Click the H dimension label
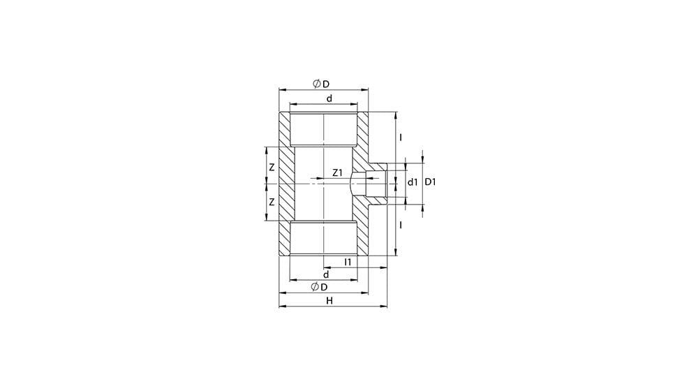[329, 301]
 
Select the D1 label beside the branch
[430, 182]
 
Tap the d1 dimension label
[413, 182]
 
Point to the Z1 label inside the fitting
[337, 172]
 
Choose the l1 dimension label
[348, 262]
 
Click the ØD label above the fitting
[321, 84]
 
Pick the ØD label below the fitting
[319, 287]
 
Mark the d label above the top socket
[329, 98]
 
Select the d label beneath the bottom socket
[326, 274]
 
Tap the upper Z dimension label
[272, 168]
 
